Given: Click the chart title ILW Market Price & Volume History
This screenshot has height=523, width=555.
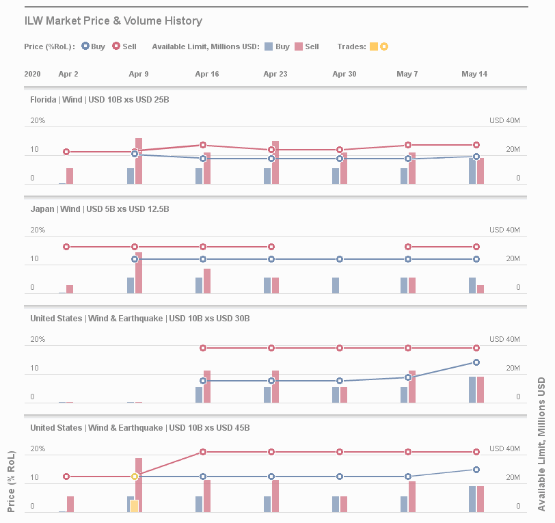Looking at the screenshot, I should click(113, 21).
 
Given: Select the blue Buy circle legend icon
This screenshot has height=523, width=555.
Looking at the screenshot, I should click(85, 46).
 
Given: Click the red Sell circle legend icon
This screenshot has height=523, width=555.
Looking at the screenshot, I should click(116, 46).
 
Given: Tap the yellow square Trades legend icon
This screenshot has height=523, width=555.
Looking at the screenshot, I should click(374, 46).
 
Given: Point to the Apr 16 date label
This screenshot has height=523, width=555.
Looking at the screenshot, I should click(207, 74).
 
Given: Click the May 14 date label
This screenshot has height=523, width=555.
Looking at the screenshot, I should click(474, 74).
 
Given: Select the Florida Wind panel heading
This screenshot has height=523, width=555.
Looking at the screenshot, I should click(100, 100).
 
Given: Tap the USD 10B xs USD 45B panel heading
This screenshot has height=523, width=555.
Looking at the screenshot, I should click(140, 428).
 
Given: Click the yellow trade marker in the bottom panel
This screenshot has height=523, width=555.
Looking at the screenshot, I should click(135, 476).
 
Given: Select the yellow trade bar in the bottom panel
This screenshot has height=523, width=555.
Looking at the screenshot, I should click(135, 506).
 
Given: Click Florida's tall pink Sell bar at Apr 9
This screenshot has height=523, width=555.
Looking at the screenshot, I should click(139, 161).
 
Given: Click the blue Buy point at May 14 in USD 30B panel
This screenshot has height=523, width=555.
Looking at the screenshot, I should click(476, 362).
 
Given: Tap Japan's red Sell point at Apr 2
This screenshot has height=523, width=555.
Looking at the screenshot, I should click(66, 247).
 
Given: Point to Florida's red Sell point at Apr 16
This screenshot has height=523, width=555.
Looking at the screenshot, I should click(203, 145).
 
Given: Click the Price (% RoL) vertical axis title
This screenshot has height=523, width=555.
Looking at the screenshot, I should click(11, 482).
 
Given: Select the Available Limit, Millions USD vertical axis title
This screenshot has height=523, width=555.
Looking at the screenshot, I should click(541, 444).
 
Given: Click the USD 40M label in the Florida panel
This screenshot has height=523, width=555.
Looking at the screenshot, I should click(504, 121).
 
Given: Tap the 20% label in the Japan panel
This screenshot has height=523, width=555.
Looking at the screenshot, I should click(38, 230).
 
